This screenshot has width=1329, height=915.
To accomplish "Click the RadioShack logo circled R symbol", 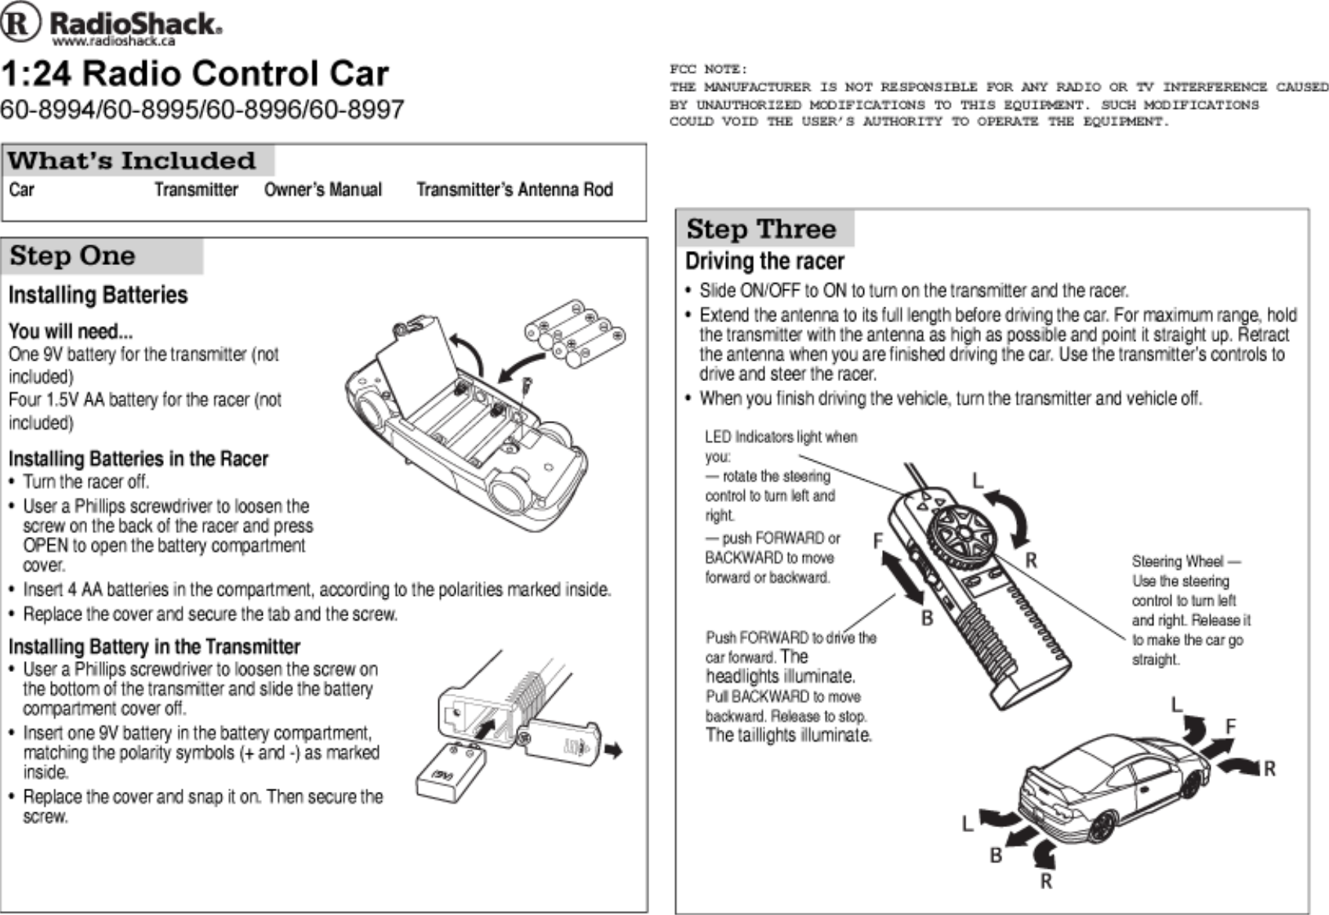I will point(20,23).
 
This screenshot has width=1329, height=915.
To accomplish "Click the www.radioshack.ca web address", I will point(114,41).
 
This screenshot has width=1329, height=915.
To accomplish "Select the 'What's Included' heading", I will point(132,161).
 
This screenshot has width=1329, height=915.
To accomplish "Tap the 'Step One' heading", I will point(72,256).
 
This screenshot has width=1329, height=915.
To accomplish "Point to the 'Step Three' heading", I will point(761,229).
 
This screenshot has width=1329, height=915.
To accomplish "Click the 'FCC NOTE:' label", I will point(708,69).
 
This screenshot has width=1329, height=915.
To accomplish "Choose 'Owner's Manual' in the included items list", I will point(322,190).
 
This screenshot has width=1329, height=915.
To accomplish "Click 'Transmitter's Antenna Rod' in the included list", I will point(514,190).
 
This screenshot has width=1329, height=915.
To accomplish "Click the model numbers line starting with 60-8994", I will point(202,109).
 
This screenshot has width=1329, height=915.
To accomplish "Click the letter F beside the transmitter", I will point(878,541).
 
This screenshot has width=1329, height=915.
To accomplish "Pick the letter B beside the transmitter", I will point(927,619).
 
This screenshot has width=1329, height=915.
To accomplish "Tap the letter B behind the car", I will point(996,855).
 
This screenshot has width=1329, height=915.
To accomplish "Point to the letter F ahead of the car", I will point(1230,727).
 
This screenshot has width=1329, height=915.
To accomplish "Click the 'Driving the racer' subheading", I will point(764,261).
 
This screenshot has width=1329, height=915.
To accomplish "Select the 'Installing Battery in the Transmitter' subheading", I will point(154,647).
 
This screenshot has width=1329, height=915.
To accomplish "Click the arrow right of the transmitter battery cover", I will point(614,751).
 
